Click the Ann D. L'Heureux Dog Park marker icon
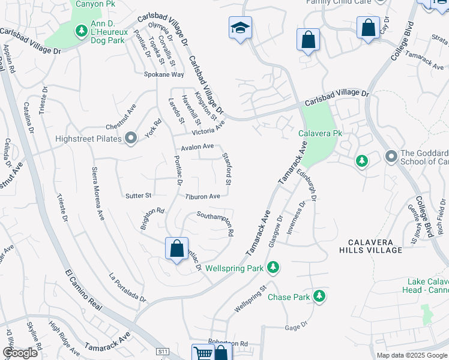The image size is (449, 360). pyautogui.click(x=81, y=30)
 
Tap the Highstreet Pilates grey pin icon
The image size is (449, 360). pyautogui.click(x=131, y=139)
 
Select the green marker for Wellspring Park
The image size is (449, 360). pyautogui.click(x=273, y=267)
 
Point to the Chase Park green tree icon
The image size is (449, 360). pyautogui.click(x=319, y=296)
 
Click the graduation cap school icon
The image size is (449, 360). pyautogui.click(x=240, y=28)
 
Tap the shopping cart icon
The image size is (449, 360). pyautogui.click(x=202, y=353)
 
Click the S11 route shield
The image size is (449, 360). pyautogui.click(x=163, y=351)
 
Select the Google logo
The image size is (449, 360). pyautogui.click(x=20, y=353)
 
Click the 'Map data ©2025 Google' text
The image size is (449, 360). pyautogui.click(x=412, y=355)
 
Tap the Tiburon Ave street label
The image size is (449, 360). pyautogui.click(x=202, y=196)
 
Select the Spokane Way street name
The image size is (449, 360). pyautogui.click(x=163, y=74)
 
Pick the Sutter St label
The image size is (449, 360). pyautogui.click(x=138, y=196)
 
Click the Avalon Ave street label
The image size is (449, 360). pyautogui.click(x=197, y=146)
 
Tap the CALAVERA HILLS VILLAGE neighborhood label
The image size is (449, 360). pyautogui.click(x=374, y=246)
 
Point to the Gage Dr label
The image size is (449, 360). pyautogui.click(x=292, y=328)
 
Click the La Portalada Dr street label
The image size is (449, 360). pyautogui.click(x=127, y=287)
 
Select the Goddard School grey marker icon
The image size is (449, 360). pyautogui.click(x=391, y=156)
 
